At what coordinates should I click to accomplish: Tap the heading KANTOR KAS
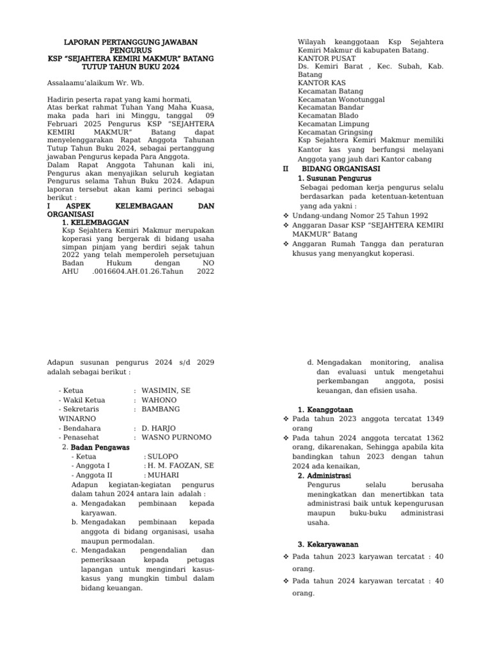click(319, 83)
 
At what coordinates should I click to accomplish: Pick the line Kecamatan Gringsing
click(335, 133)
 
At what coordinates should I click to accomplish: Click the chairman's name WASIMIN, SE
click(166, 390)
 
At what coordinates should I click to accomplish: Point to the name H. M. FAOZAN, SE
click(180, 466)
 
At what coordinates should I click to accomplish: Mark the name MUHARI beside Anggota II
click(163, 476)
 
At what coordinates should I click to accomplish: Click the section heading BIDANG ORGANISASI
click(341, 168)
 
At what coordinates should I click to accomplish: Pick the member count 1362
click(431, 438)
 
